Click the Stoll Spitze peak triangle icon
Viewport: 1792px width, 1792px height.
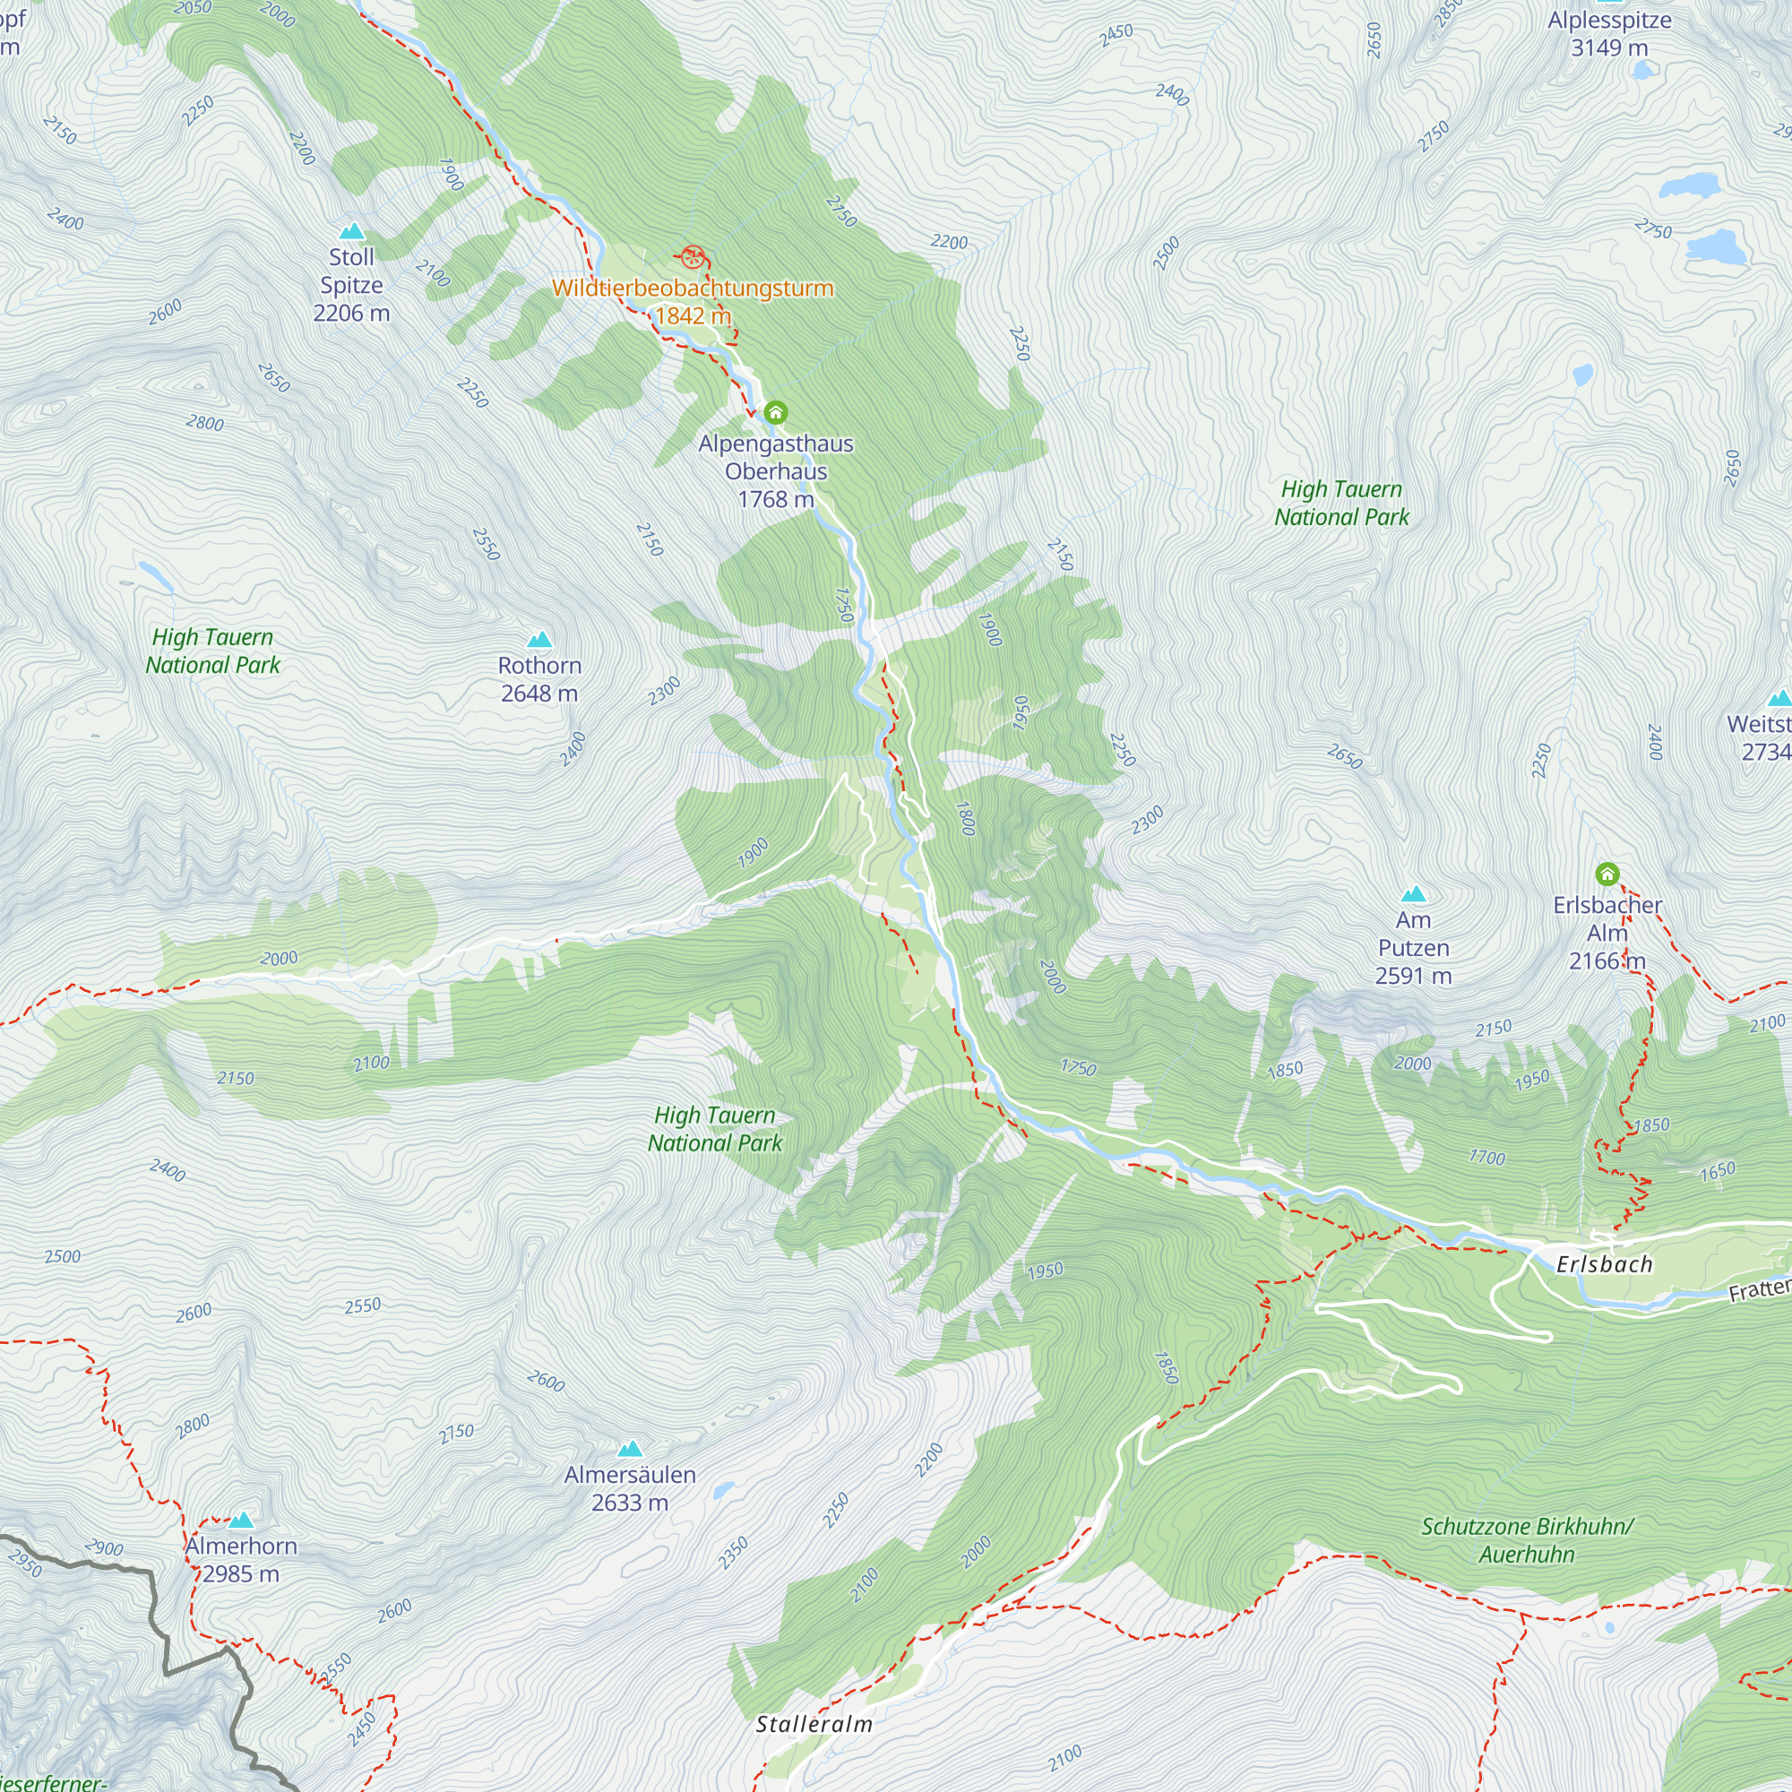(351, 231)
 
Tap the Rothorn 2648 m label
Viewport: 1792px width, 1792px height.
(538, 679)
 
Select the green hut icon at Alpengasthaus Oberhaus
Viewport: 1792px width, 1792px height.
(775, 412)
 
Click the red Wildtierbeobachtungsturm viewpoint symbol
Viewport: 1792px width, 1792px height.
(692, 257)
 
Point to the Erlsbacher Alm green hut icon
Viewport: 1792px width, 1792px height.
(1607, 874)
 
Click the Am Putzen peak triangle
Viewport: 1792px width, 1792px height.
(1413, 894)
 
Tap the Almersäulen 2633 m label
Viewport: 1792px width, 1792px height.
(630, 1487)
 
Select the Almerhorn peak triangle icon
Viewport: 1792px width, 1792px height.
(241, 1520)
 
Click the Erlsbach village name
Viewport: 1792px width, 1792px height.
(1604, 1264)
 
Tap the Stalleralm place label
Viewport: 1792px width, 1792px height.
(814, 1724)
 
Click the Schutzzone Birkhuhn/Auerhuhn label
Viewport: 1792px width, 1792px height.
(1527, 1539)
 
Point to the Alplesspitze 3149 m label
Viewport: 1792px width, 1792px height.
(1609, 33)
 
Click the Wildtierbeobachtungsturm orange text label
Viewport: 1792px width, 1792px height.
(692, 289)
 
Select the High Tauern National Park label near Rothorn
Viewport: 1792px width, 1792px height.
(212, 651)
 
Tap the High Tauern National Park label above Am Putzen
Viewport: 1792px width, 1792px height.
(1341, 503)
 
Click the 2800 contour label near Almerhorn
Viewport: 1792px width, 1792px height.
(193, 1426)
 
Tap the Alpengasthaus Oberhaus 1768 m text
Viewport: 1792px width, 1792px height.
(775, 471)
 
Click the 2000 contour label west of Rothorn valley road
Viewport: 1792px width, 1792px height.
(279, 958)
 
